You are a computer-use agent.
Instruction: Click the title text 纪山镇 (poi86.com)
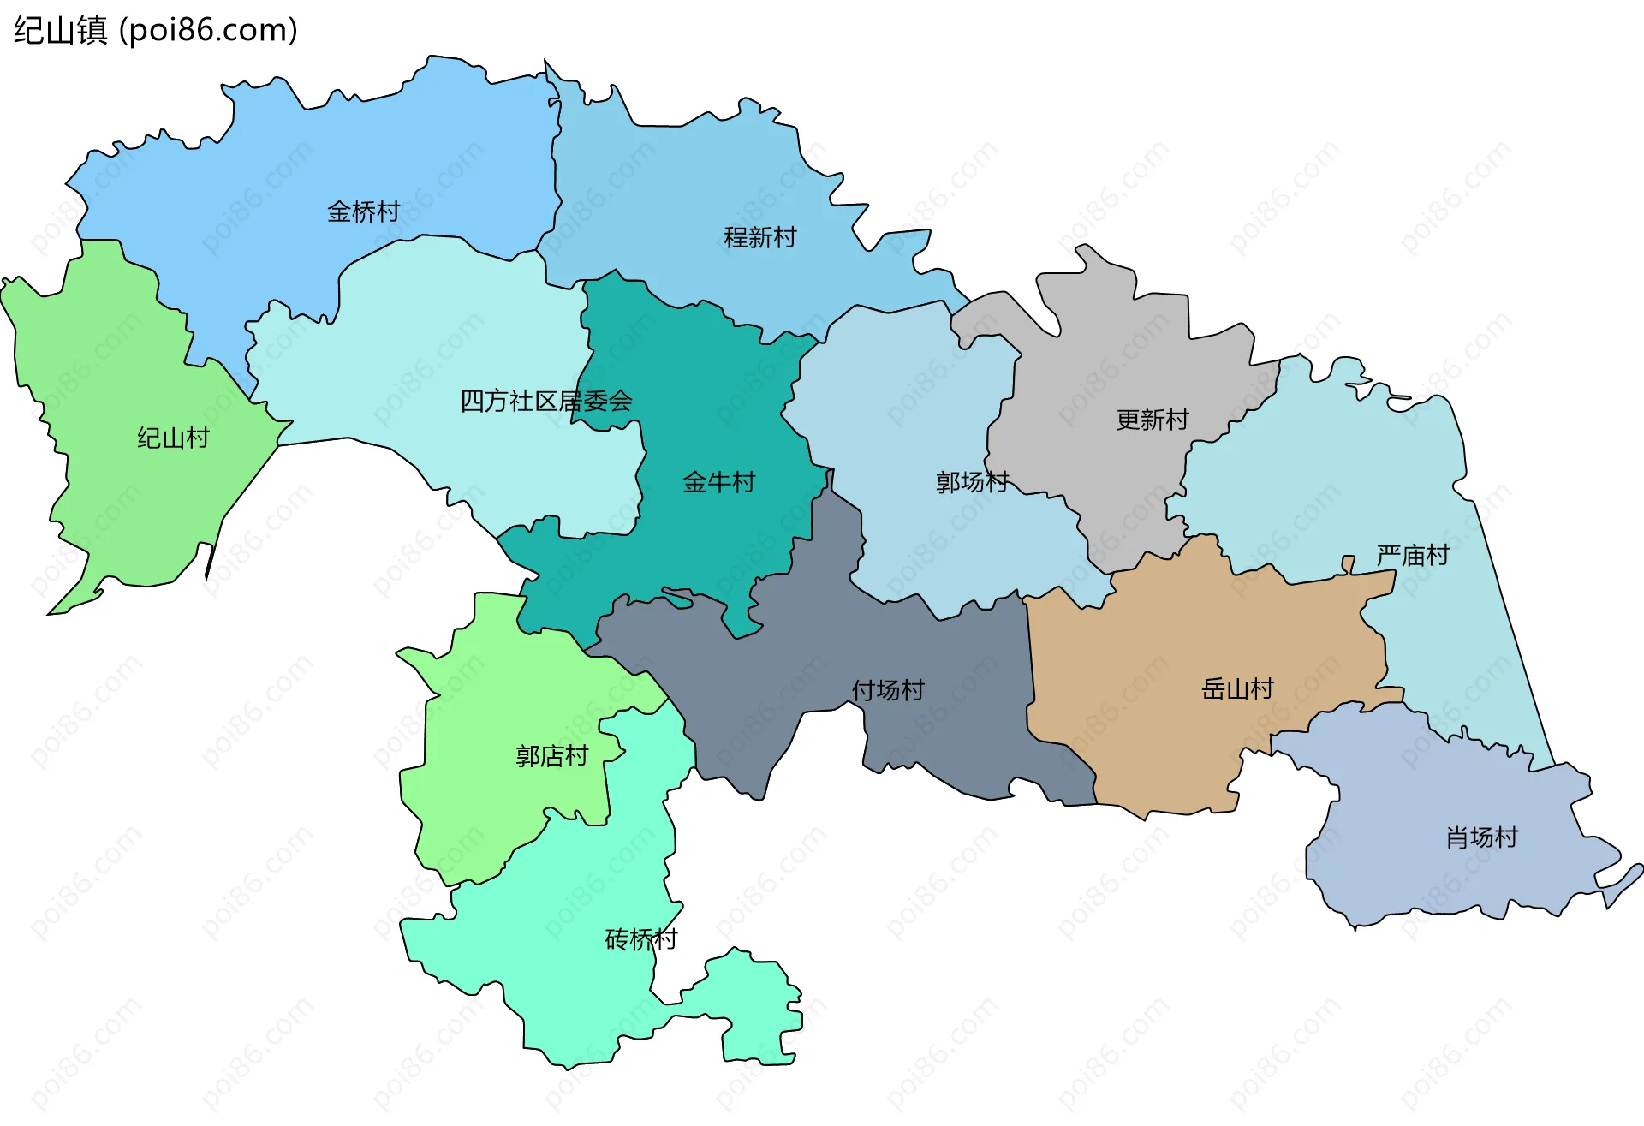(x=156, y=30)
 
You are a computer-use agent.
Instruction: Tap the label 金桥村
(x=363, y=211)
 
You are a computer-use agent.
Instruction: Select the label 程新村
(x=760, y=237)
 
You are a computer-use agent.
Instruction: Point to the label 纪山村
(x=173, y=438)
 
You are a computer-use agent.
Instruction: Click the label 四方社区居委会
(x=546, y=401)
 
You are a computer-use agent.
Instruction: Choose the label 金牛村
(x=719, y=482)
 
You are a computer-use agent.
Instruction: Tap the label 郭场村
(x=973, y=482)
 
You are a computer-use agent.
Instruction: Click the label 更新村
(x=1153, y=420)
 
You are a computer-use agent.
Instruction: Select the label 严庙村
(x=1413, y=556)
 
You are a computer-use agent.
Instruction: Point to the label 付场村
(x=888, y=690)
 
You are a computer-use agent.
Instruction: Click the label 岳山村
(x=1237, y=688)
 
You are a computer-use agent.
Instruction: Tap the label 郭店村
(x=551, y=756)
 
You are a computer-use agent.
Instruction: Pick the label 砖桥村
(x=640, y=939)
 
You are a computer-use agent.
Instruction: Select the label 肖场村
(x=1481, y=837)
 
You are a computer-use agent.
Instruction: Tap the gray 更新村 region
(x=1113, y=360)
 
